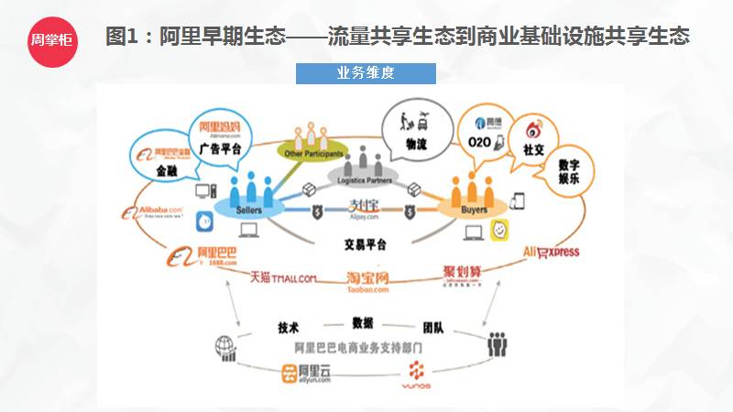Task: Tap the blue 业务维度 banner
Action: (x=366, y=73)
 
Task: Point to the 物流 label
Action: (x=416, y=143)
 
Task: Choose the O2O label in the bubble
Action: (x=479, y=143)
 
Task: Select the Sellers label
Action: (x=249, y=209)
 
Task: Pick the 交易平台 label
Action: (x=365, y=244)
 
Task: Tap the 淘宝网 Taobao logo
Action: (x=368, y=280)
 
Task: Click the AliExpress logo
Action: (x=551, y=252)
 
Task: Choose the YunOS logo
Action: (x=416, y=374)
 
